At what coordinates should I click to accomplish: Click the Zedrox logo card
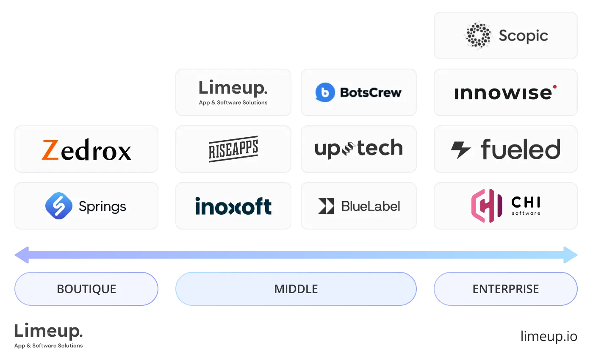click(x=86, y=149)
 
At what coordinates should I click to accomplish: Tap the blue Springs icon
click(x=59, y=206)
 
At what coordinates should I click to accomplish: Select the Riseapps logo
click(x=233, y=149)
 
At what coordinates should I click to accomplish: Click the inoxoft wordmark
click(x=233, y=206)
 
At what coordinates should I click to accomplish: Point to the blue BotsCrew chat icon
click(x=325, y=92)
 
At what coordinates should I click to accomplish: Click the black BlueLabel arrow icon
click(x=326, y=206)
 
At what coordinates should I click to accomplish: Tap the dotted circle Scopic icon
click(x=478, y=36)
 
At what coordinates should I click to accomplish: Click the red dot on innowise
click(x=554, y=87)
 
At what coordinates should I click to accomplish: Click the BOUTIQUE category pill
click(x=86, y=289)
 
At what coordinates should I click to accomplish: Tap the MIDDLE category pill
click(x=296, y=289)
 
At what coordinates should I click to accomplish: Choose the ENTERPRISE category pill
click(x=506, y=289)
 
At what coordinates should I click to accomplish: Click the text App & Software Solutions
click(x=233, y=102)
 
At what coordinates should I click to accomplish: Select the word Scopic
click(x=524, y=36)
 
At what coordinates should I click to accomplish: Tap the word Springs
click(x=103, y=207)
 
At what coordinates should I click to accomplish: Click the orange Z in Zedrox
click(x=50, y=150)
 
